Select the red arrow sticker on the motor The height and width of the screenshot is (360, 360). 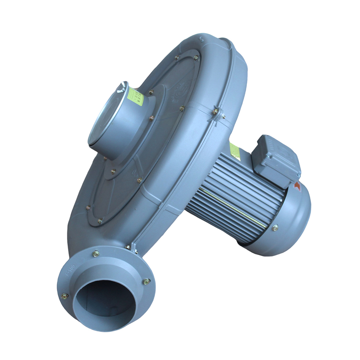coord(297,186)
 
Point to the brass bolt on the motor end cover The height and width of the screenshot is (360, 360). coord(275,228)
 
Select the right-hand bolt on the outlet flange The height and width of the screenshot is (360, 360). coord(146,282)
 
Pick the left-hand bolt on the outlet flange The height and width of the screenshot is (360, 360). coord(64,296)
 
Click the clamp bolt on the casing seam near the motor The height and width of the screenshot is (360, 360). coord(215,112)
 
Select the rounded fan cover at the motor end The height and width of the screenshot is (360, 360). coord(292,223)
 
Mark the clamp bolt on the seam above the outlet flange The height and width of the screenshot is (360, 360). coord(128,247)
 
